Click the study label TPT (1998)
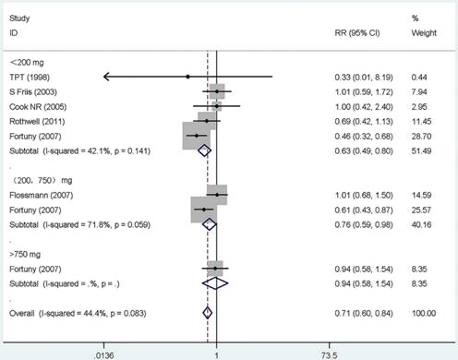30,78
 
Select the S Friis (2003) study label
33,92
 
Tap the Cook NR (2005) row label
38,107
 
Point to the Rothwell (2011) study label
37,122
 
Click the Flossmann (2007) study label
42,195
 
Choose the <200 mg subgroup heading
27,63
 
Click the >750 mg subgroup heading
25,255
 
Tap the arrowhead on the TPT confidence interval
106,77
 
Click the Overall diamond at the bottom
208,313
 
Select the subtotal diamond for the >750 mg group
215,283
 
